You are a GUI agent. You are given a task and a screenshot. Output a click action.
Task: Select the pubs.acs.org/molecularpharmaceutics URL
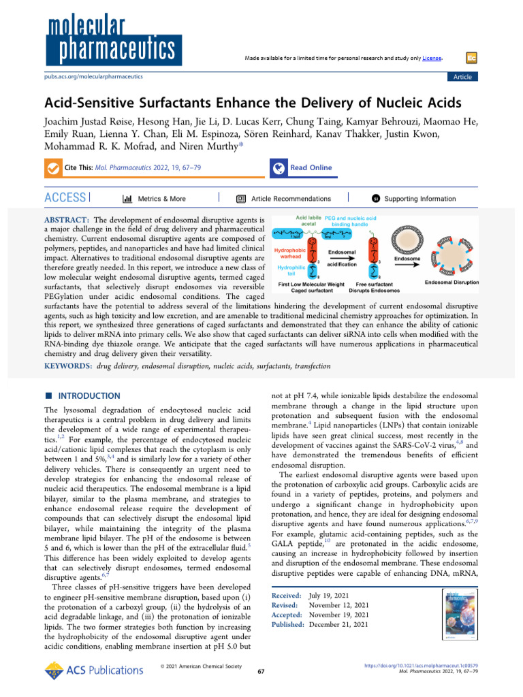pos(93,77)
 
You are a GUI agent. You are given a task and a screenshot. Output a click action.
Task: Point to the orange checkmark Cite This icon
pos(52,168)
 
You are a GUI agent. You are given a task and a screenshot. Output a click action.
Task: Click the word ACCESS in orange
pos(65,198)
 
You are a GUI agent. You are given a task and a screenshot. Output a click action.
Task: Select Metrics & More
pos(154,199)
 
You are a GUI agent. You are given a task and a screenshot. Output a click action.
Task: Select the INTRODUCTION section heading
pos(87,395)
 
